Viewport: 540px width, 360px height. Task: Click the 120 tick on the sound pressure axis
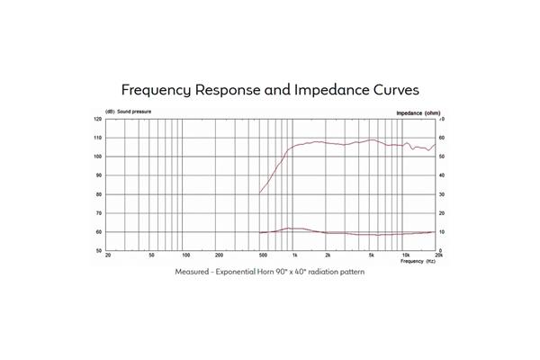pos(97,119)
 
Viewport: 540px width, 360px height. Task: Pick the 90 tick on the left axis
pos(98,175)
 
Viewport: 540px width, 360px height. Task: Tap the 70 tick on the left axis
pos(98,213)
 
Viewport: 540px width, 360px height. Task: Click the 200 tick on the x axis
pos(219,256)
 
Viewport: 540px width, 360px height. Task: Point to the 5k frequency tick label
pos(370,256)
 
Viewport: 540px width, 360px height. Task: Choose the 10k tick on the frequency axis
pos(405,256)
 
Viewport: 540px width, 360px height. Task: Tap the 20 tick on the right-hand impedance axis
pos(441,213)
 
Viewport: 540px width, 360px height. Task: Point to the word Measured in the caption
pos(191,271)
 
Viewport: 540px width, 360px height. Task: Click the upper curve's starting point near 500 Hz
pos(260,193)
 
